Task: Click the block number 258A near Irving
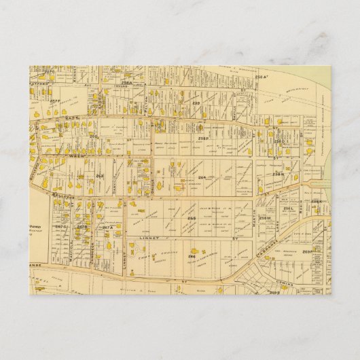coord(126,82)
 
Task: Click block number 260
coord(94,137)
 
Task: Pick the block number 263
coord(99,176)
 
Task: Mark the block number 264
coord(201,177)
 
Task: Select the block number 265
coord(192,218)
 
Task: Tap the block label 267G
coord(62,226)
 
